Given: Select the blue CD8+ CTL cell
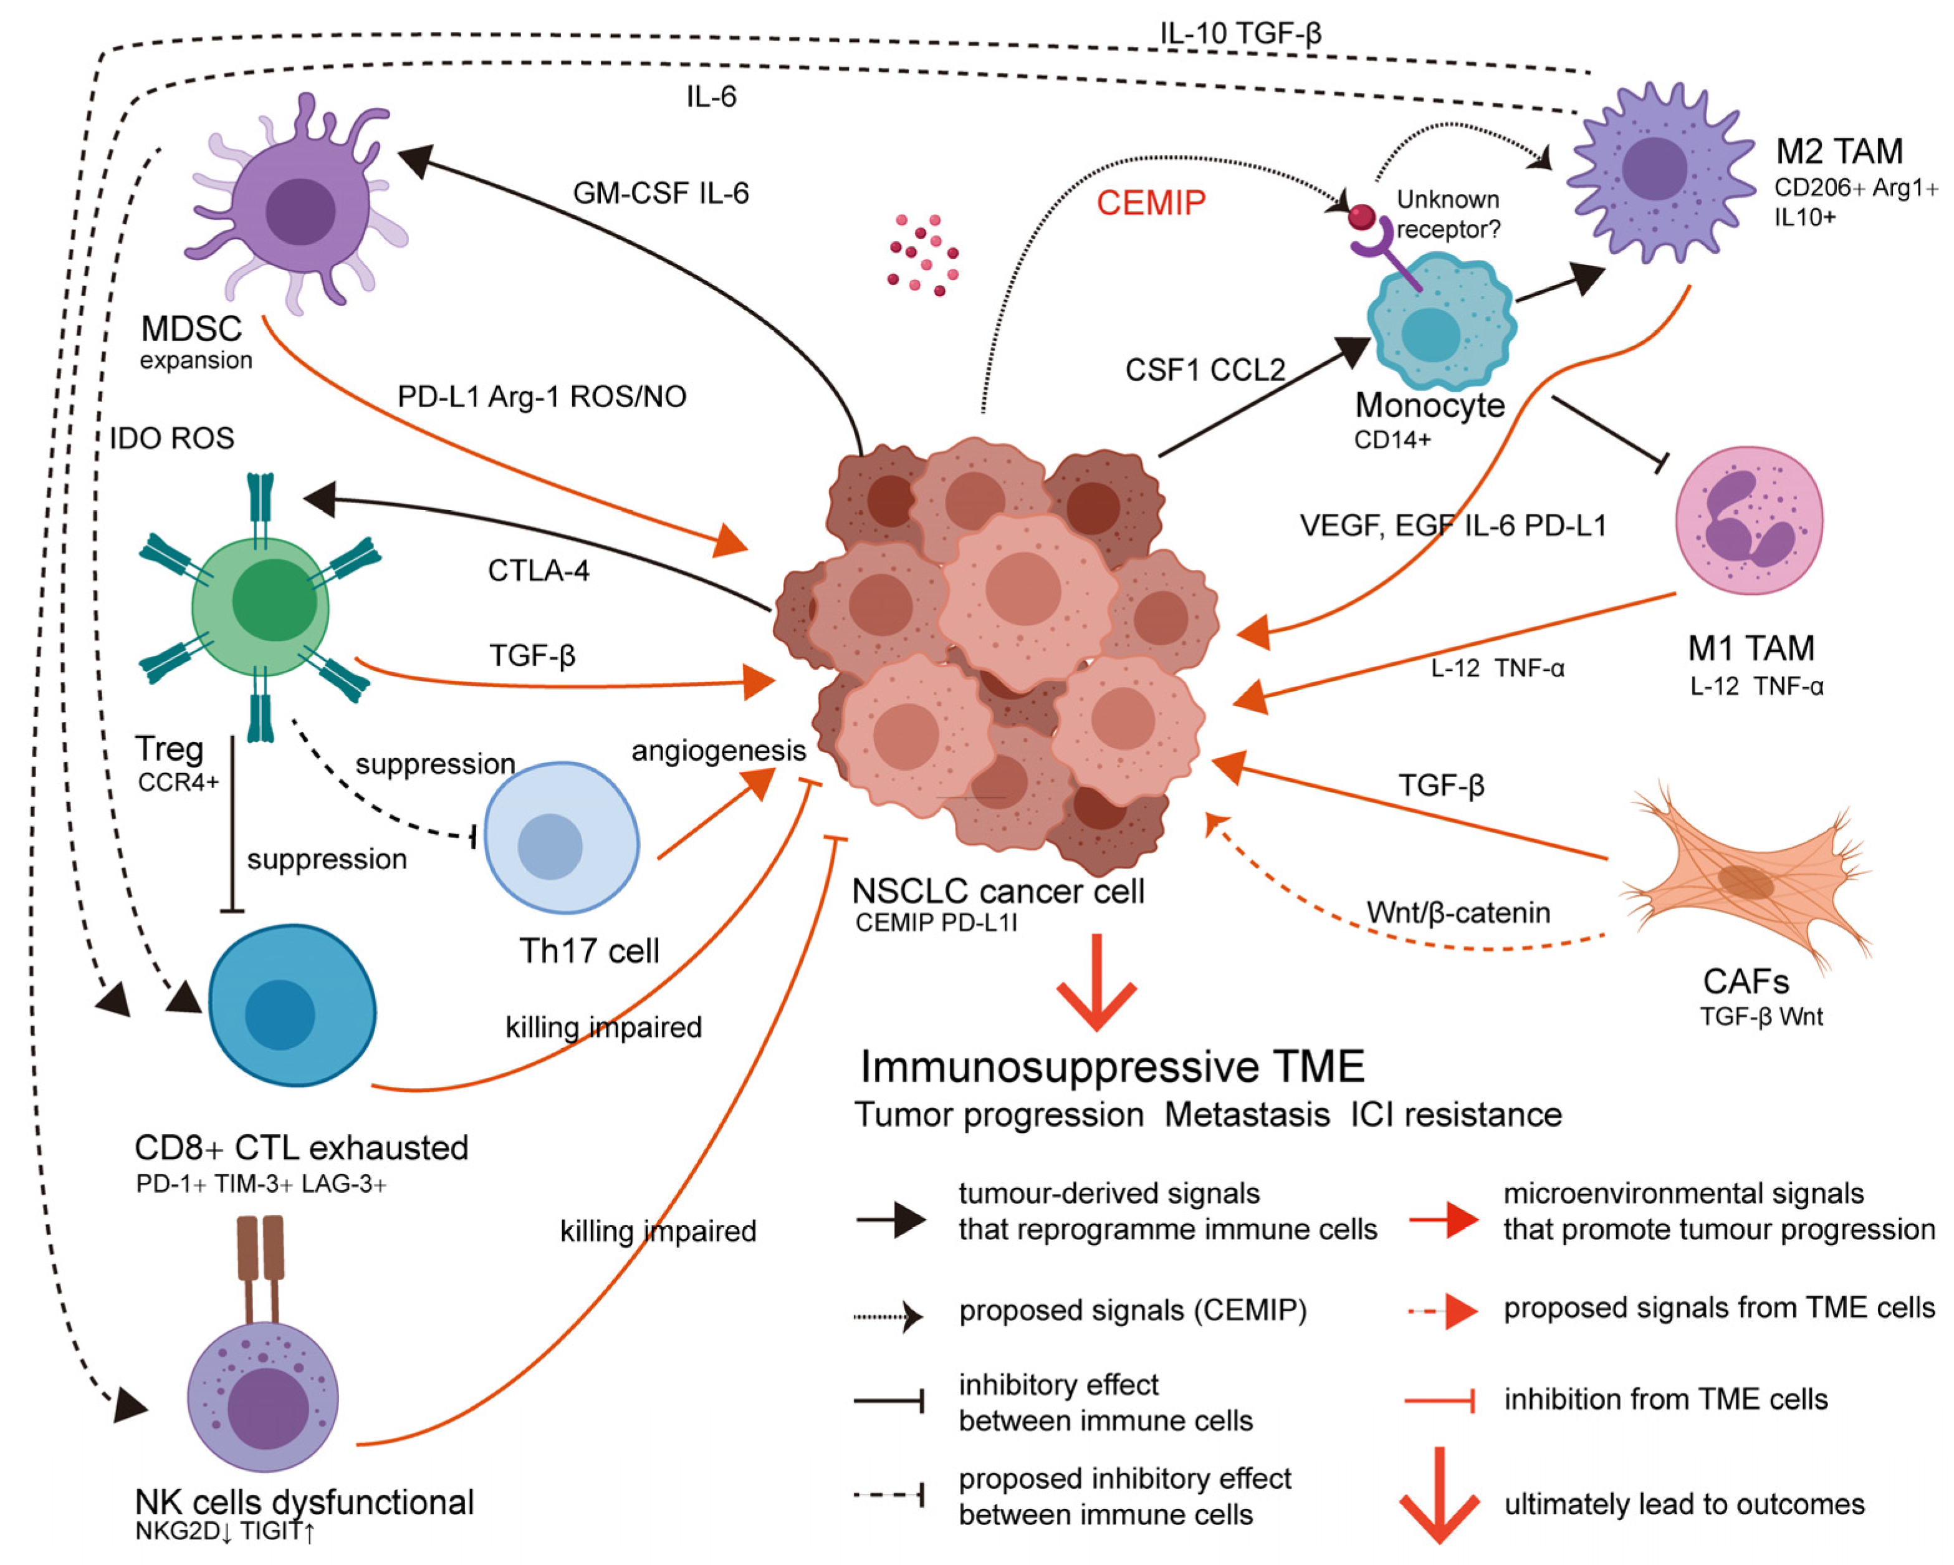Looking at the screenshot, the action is pos(292,1004).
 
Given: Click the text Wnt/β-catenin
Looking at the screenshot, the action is pos(1458,912).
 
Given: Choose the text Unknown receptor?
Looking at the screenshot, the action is pos(1449,214).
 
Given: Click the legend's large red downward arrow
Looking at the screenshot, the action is pos(1439,1495).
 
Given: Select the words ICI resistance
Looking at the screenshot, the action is pos(1457,1114).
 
